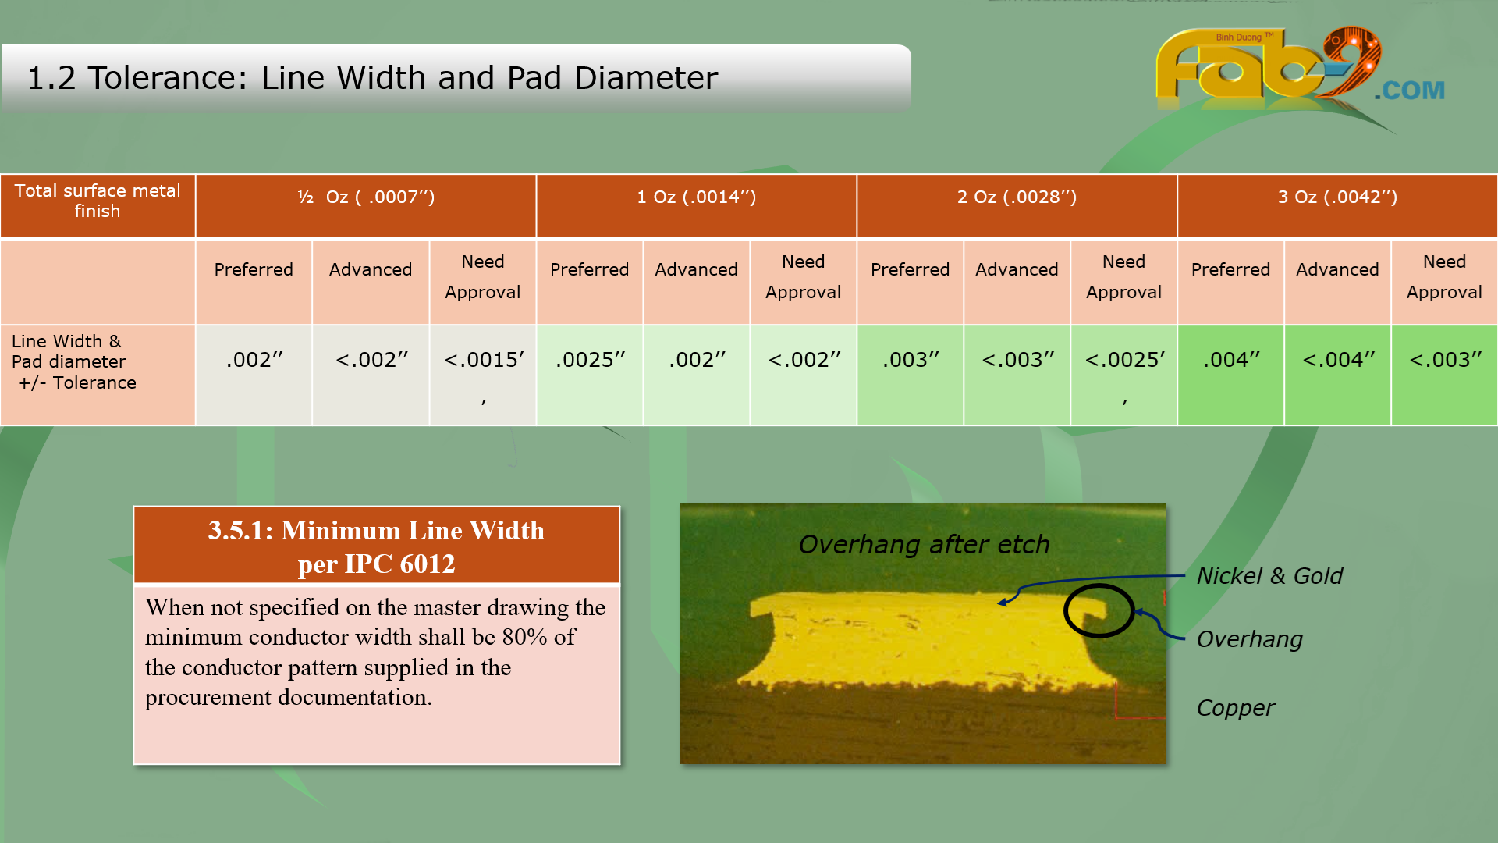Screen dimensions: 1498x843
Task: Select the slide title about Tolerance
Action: (372, 78)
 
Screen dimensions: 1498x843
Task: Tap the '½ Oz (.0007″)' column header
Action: (366, 197)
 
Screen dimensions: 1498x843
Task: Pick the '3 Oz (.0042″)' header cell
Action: (1337, 197)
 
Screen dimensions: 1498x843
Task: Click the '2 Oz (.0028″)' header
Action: (1017, 197)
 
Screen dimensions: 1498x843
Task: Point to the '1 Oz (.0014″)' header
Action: (696, 197)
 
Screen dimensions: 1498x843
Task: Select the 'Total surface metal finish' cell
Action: (98, 201)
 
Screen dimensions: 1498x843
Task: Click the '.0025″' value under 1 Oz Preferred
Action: (590, 360)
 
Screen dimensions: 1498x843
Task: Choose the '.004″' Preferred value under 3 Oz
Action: (1231, 360)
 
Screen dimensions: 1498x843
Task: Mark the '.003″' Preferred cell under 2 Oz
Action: (911, 360)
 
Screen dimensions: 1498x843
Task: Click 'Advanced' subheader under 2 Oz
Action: (1017, 269)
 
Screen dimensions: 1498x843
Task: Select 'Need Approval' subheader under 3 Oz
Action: (1444, 277)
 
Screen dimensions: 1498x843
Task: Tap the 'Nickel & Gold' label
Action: (1269, 576)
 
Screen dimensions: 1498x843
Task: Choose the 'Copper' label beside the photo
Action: (1235, 708)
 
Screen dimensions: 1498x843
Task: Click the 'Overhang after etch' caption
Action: (924, 544)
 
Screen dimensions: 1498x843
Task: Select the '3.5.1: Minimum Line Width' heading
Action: (376, 531)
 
